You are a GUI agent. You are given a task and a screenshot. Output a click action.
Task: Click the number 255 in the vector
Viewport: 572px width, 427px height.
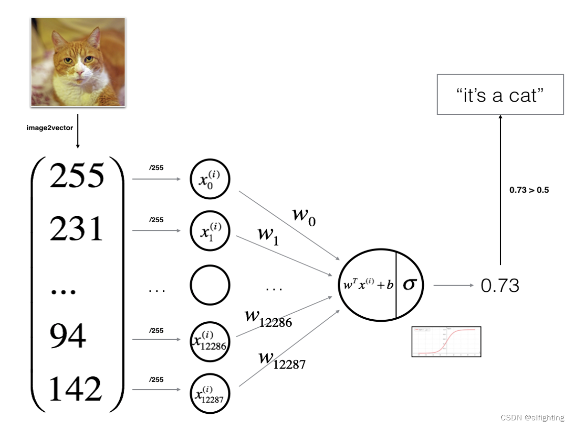tap(76, 176)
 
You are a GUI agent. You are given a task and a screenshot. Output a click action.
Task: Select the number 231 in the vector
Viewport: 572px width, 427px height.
tap(76, 229)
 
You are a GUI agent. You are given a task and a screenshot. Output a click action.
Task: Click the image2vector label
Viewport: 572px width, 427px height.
tap(50, 128)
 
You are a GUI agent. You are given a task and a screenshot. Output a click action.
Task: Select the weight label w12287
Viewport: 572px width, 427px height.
tap(281, 360)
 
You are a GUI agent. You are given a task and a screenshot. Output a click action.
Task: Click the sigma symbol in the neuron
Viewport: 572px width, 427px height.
tap(409, 284)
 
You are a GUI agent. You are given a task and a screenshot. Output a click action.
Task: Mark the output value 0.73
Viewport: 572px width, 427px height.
tap(500, 286)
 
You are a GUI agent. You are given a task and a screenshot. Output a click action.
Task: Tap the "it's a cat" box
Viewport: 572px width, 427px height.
tap(500, 95)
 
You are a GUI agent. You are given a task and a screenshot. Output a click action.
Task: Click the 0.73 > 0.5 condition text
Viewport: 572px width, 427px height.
tap(529, 191)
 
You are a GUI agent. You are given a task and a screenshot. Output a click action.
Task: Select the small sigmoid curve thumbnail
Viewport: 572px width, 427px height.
tap(446, 341)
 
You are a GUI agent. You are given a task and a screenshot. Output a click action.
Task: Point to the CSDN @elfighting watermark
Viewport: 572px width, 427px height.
tap(532, 418)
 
